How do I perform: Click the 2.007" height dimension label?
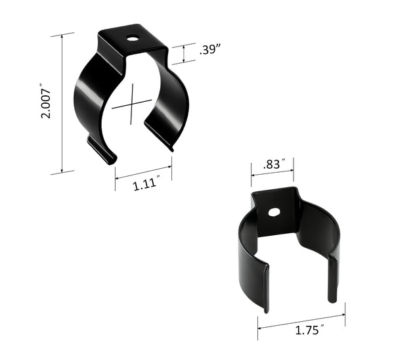pyautogui.click(x=45, y=102)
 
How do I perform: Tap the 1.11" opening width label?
pyautogui.click(x=146, y=185)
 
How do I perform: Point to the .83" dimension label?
pyautogui.click(x=271, y=164)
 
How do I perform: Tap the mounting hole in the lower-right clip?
pyautogui.click(x=274, y=212)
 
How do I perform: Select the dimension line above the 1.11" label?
pyautogui.click(x=143, y=172)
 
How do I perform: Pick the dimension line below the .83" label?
pyautogui.click(x=272, y=175)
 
